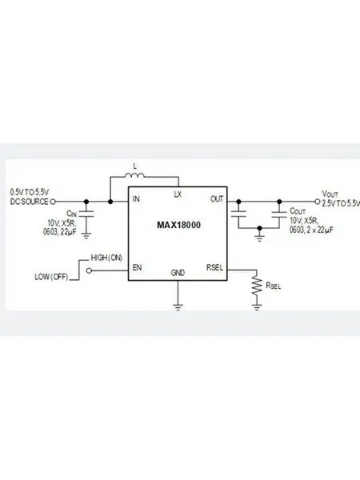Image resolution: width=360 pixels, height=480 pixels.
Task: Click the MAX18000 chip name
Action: (x=178, y=225)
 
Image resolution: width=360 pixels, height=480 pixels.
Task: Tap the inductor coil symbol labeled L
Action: (x=134, y=175)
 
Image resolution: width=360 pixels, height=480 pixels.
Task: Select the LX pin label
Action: (x=178, y=194)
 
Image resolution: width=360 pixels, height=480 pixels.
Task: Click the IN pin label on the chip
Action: (x=136, y=199)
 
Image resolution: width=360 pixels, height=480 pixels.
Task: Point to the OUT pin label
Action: (x=217, y=199)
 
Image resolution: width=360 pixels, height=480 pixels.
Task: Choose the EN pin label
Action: (x=137, y=267)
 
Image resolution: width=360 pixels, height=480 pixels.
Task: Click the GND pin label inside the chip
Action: (x=178, y=273)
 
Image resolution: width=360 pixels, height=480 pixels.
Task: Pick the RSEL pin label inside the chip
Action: (x=214, y=267)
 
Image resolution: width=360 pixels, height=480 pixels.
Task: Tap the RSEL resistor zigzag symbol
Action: (x=257, y=286)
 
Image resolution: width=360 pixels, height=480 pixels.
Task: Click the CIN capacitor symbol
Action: (x=86, y=214)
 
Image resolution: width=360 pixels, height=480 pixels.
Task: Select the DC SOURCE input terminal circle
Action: (x=53, y=202)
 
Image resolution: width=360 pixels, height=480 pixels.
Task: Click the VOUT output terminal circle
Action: (x=318, y=202)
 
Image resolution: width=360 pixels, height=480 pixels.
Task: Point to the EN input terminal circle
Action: (x=89, y=270)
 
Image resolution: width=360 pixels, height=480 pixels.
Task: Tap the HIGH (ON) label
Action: (x=106, y=258)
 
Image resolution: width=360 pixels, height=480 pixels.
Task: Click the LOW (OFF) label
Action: (x=51, y=277)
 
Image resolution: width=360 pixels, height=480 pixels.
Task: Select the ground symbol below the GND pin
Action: (x=178, y=307)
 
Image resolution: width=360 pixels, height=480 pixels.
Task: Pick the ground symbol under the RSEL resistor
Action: (x=257, y=307)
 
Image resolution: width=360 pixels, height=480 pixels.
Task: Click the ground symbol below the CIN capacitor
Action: (x=86, y=236)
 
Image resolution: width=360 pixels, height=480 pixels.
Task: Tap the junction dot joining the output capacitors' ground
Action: (x=259, y=228)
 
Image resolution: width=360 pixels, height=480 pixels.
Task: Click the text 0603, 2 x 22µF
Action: (x=311, y=230)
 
